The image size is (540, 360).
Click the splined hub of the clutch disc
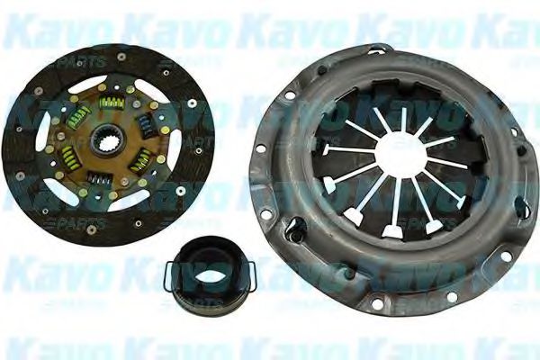[x=107, y=141]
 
